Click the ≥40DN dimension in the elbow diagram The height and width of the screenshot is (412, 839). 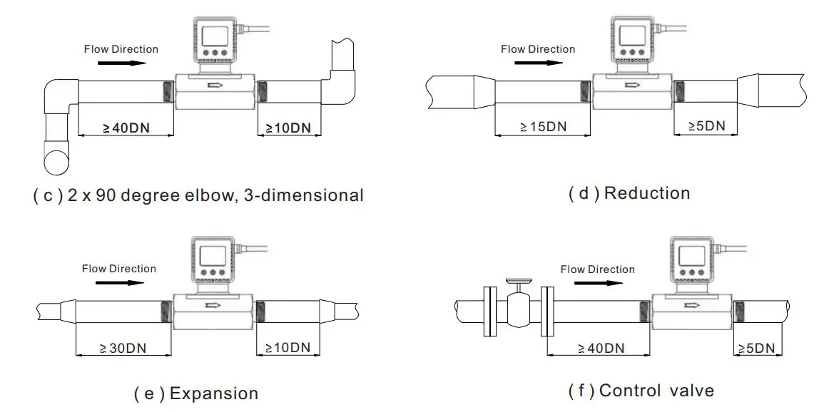pyautogui.click(x=126, y=129)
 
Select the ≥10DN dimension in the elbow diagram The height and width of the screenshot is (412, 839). pyautogui.click(x=288, y=129)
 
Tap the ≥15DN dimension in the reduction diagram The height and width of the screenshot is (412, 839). pyautogui.click(x=543, y=127)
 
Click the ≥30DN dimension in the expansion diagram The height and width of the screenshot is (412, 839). pyautogui.click(x=123, y=349)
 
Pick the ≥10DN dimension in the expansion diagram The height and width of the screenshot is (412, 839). pyautogui.click(x=288, y=349)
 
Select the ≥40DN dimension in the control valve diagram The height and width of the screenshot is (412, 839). pyautogui.click(x=601, y=349)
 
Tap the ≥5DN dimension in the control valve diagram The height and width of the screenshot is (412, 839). pyautogui.click(x=757, y=349)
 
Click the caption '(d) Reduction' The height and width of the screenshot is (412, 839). pyautogui.click(x=629, y=193)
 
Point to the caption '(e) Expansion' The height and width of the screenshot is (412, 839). pyautogui.click(x=196, y=393)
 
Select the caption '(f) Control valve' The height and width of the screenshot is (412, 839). pyautogui.click(x=641, y=391)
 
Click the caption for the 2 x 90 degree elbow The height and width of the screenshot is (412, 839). pyautogui.click(x=198, y=195)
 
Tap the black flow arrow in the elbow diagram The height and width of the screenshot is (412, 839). pyautogui.click(x=122, y=63)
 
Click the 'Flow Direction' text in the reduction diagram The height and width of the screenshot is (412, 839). pyautogui.click(x=538, y=49)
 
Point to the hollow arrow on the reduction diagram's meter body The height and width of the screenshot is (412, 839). pyautogui.click(x=631, y=86)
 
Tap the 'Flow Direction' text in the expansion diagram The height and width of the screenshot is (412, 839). pyautogui.click(x=119, y=269)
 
